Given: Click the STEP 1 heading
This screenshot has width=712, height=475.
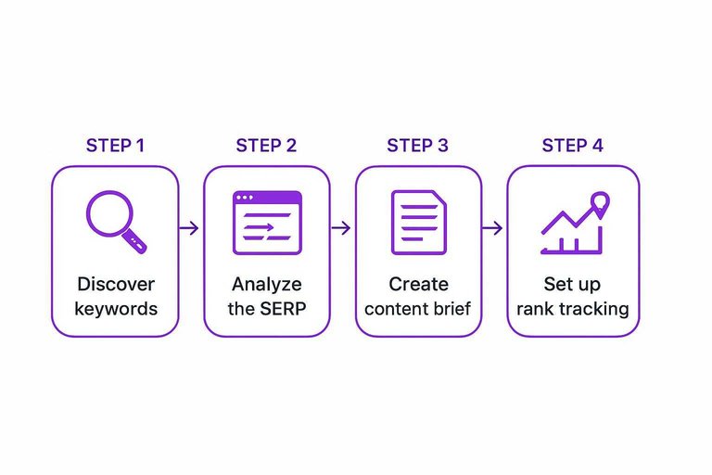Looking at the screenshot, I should tap(115, 146).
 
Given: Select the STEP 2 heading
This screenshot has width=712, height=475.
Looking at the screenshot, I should tap(266, 146).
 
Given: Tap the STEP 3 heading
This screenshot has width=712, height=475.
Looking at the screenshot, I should tap(417, 146).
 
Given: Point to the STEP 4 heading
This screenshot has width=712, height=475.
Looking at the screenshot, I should tap(572, 146).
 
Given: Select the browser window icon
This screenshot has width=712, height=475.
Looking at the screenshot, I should tap(267, 223).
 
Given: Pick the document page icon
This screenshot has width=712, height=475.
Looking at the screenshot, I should tap(418, 223).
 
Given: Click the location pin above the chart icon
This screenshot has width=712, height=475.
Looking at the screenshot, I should tap(599, 202).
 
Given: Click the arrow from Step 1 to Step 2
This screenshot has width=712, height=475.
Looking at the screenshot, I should tap(190, 228).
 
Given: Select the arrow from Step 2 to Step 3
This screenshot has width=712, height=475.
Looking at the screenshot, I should tap(342, 228).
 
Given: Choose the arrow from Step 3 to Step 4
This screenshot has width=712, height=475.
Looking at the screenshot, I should tap(493, 228).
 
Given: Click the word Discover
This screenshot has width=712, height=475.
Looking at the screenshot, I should tap(115, 284).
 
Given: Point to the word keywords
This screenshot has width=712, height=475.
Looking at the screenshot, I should tap(115, 308).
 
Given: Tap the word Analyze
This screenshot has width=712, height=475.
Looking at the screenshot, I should tap(266, 284).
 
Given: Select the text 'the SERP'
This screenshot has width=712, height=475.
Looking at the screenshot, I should tap(266, 308).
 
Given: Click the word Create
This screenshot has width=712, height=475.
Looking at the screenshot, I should tap(418, 284).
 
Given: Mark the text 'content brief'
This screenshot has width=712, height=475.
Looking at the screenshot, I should tap(418, 308).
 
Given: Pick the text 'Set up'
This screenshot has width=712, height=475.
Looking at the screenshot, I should tap(572, 284).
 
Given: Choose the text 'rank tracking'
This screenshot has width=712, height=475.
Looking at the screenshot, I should tap(572, 308).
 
